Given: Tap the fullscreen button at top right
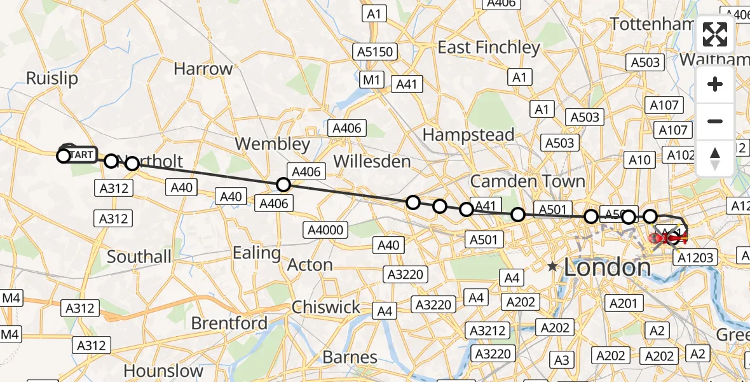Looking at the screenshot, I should click(x=715, y=34).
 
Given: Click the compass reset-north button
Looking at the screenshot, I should click(x=715, y=159).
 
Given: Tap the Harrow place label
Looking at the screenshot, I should click(x=203, y=69).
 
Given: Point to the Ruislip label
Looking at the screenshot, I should click(x=52, y=78).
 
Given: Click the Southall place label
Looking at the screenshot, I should click(x=139, y=257).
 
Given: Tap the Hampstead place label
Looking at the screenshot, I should click(x=468, y=135).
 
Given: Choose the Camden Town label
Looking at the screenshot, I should click(x=528, y=181).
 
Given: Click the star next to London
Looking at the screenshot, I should click(x=553, y=267).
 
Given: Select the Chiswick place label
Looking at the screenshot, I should click(x=326, y=307).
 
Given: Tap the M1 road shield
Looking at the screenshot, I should click(x=372, y=80).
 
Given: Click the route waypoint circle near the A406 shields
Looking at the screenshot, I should click(x=283, y=185).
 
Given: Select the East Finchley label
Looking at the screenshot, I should click(x=489, y=47).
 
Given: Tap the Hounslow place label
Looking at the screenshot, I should click(x=163, y=371).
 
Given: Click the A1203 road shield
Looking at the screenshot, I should click(x=697, y=257).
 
